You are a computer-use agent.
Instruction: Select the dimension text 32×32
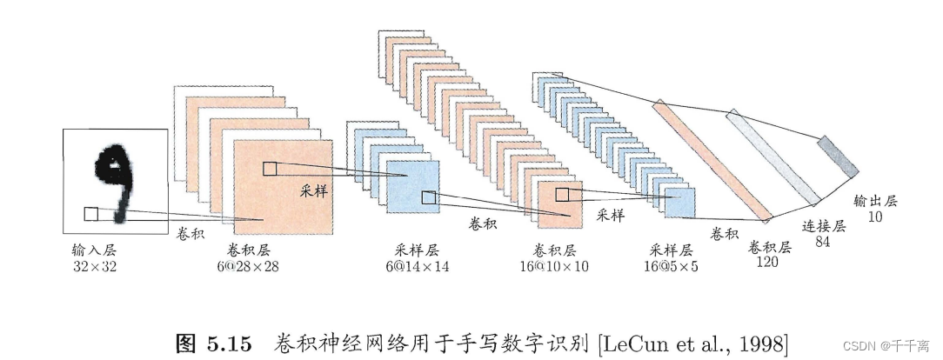coord(95,266)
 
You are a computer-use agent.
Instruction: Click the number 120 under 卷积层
coord(766,262)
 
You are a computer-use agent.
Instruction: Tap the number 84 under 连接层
coord(821,243)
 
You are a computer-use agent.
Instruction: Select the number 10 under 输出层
coord(874,217)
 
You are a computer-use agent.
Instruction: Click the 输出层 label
coord(874,201)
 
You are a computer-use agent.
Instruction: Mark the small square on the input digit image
coord(90,214)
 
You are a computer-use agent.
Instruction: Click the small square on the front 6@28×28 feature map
coord(270,169)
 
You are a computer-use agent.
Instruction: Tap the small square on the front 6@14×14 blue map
coord(428,197)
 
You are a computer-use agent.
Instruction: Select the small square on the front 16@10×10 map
coord(562,194)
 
